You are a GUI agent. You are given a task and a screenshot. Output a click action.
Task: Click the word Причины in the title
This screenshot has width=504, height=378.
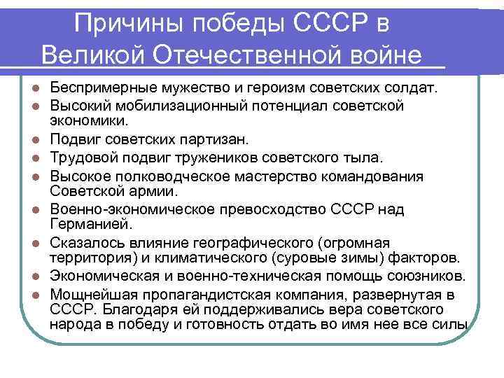(130, 22)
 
